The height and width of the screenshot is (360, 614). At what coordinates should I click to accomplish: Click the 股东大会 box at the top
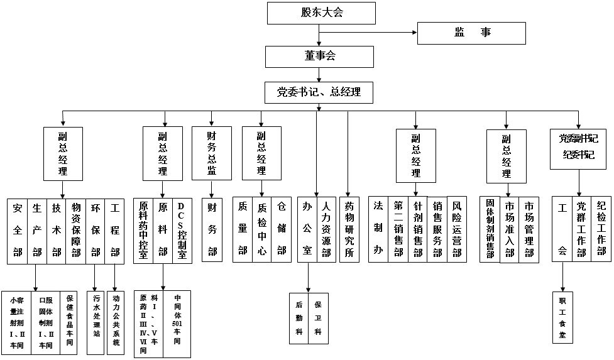coord(321,13)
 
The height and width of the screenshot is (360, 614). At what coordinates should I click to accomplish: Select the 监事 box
coord(471,33)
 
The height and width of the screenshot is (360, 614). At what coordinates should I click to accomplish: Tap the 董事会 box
coord(319,57)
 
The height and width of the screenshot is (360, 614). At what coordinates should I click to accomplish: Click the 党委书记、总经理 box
coord(319,92)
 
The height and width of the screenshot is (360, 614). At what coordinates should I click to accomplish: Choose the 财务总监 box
coord(211,153)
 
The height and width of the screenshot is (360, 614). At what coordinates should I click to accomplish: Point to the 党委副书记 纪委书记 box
coord(578,147)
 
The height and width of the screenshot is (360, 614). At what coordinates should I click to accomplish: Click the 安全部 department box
coord(18,230)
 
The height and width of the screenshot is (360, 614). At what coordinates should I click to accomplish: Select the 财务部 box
coord(212,230)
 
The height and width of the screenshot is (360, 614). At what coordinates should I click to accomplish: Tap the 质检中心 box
coord(261,230)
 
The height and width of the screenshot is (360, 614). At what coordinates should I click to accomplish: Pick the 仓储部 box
coord(281,230)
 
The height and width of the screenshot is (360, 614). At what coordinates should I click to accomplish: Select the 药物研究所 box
coord(349,230)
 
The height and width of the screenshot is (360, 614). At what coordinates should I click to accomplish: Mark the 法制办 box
coord(378,230)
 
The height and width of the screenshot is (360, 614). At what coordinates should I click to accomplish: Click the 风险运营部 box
coord(457,230)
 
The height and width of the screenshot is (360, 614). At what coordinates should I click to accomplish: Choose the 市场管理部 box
coord(529,230)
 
